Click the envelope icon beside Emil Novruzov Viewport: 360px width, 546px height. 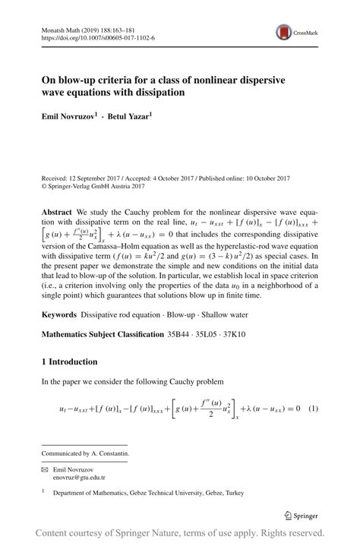coord(45,469)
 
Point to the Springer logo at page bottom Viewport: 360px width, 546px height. coord(301,515)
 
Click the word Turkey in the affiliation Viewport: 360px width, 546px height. coord(231,493)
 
